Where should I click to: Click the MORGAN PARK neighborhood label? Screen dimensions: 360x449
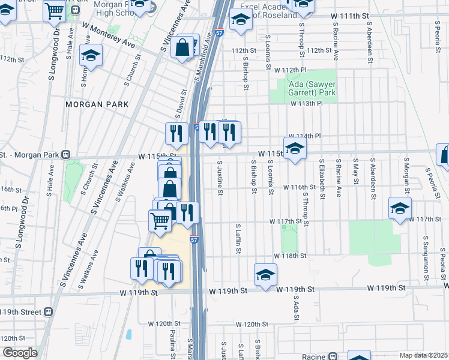click(x=97, y=104)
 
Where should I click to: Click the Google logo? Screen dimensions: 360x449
click(x=19, y=352)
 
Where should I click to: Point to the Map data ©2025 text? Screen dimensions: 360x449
click(x=423, y=355)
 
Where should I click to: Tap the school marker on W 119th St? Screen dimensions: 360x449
click(x=265, y=274)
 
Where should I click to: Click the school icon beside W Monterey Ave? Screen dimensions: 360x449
click(x=91, y=56)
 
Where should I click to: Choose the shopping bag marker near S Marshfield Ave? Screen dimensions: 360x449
click(x=182, y=47)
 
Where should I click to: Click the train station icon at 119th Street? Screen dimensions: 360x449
click(x=48, y=312)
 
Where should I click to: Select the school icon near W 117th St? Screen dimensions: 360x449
click(x=400, y=208)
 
